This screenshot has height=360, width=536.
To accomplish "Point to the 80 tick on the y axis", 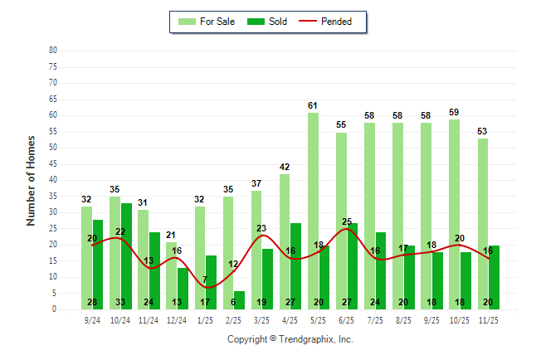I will click(x=53, y=50).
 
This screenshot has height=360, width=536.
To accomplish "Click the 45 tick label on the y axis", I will click(x=53, y=163).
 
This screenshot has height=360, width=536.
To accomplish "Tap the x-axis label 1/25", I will click(x=205, y=319).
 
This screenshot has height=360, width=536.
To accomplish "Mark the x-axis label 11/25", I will click(x=489, y=319).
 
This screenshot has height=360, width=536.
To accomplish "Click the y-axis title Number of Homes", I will click(x=32, y=180).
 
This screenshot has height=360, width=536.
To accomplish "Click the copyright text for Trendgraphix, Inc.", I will click(x=290, y=339).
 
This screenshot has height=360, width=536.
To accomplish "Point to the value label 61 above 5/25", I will click(x=313, y=105).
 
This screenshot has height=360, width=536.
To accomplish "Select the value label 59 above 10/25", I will click(x=454, y=112).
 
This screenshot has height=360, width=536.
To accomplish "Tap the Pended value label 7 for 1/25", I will click(x=205, y=280).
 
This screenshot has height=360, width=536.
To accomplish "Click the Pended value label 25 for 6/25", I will click(x=347, y=221).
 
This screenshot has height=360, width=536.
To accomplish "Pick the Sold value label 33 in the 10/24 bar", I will click(x=126, y=302).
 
